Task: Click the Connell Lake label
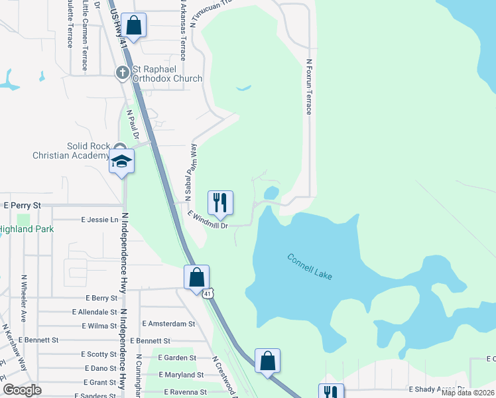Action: coord(310,266)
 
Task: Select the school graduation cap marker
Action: coord(122,161)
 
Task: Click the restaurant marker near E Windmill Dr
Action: coord(221,202)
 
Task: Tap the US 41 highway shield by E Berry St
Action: coord(208,293)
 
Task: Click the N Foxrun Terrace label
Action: coord(308,87)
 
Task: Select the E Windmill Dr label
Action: coord(208,220)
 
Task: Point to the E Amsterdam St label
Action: coord(168,324)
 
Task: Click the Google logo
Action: coord(22,390)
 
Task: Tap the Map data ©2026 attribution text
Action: coord(467,393)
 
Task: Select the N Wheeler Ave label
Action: coord(23,299)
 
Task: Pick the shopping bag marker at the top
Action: coord(133,26)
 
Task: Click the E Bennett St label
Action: coord(39,340)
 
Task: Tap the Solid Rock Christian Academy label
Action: coord(70,151)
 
